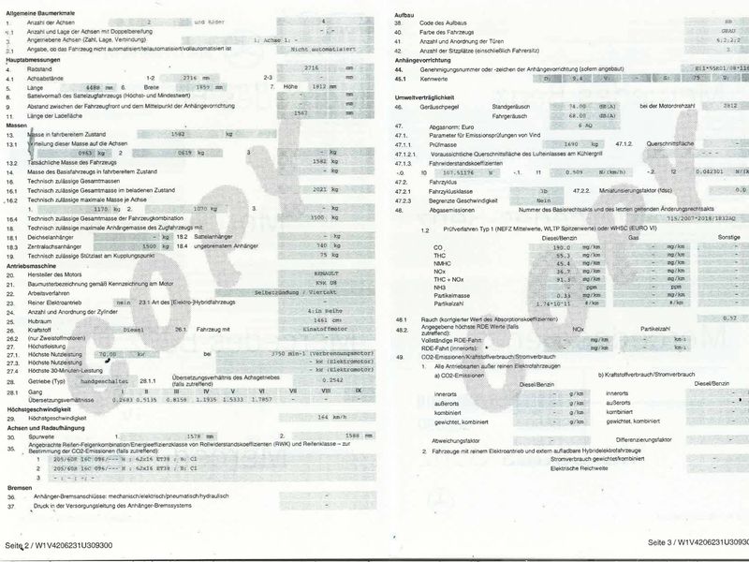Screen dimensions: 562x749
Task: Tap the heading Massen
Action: tap(16, 125)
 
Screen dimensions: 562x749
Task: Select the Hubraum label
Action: tap(42, 320)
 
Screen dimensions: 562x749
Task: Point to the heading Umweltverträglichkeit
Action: tap(432, 97)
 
